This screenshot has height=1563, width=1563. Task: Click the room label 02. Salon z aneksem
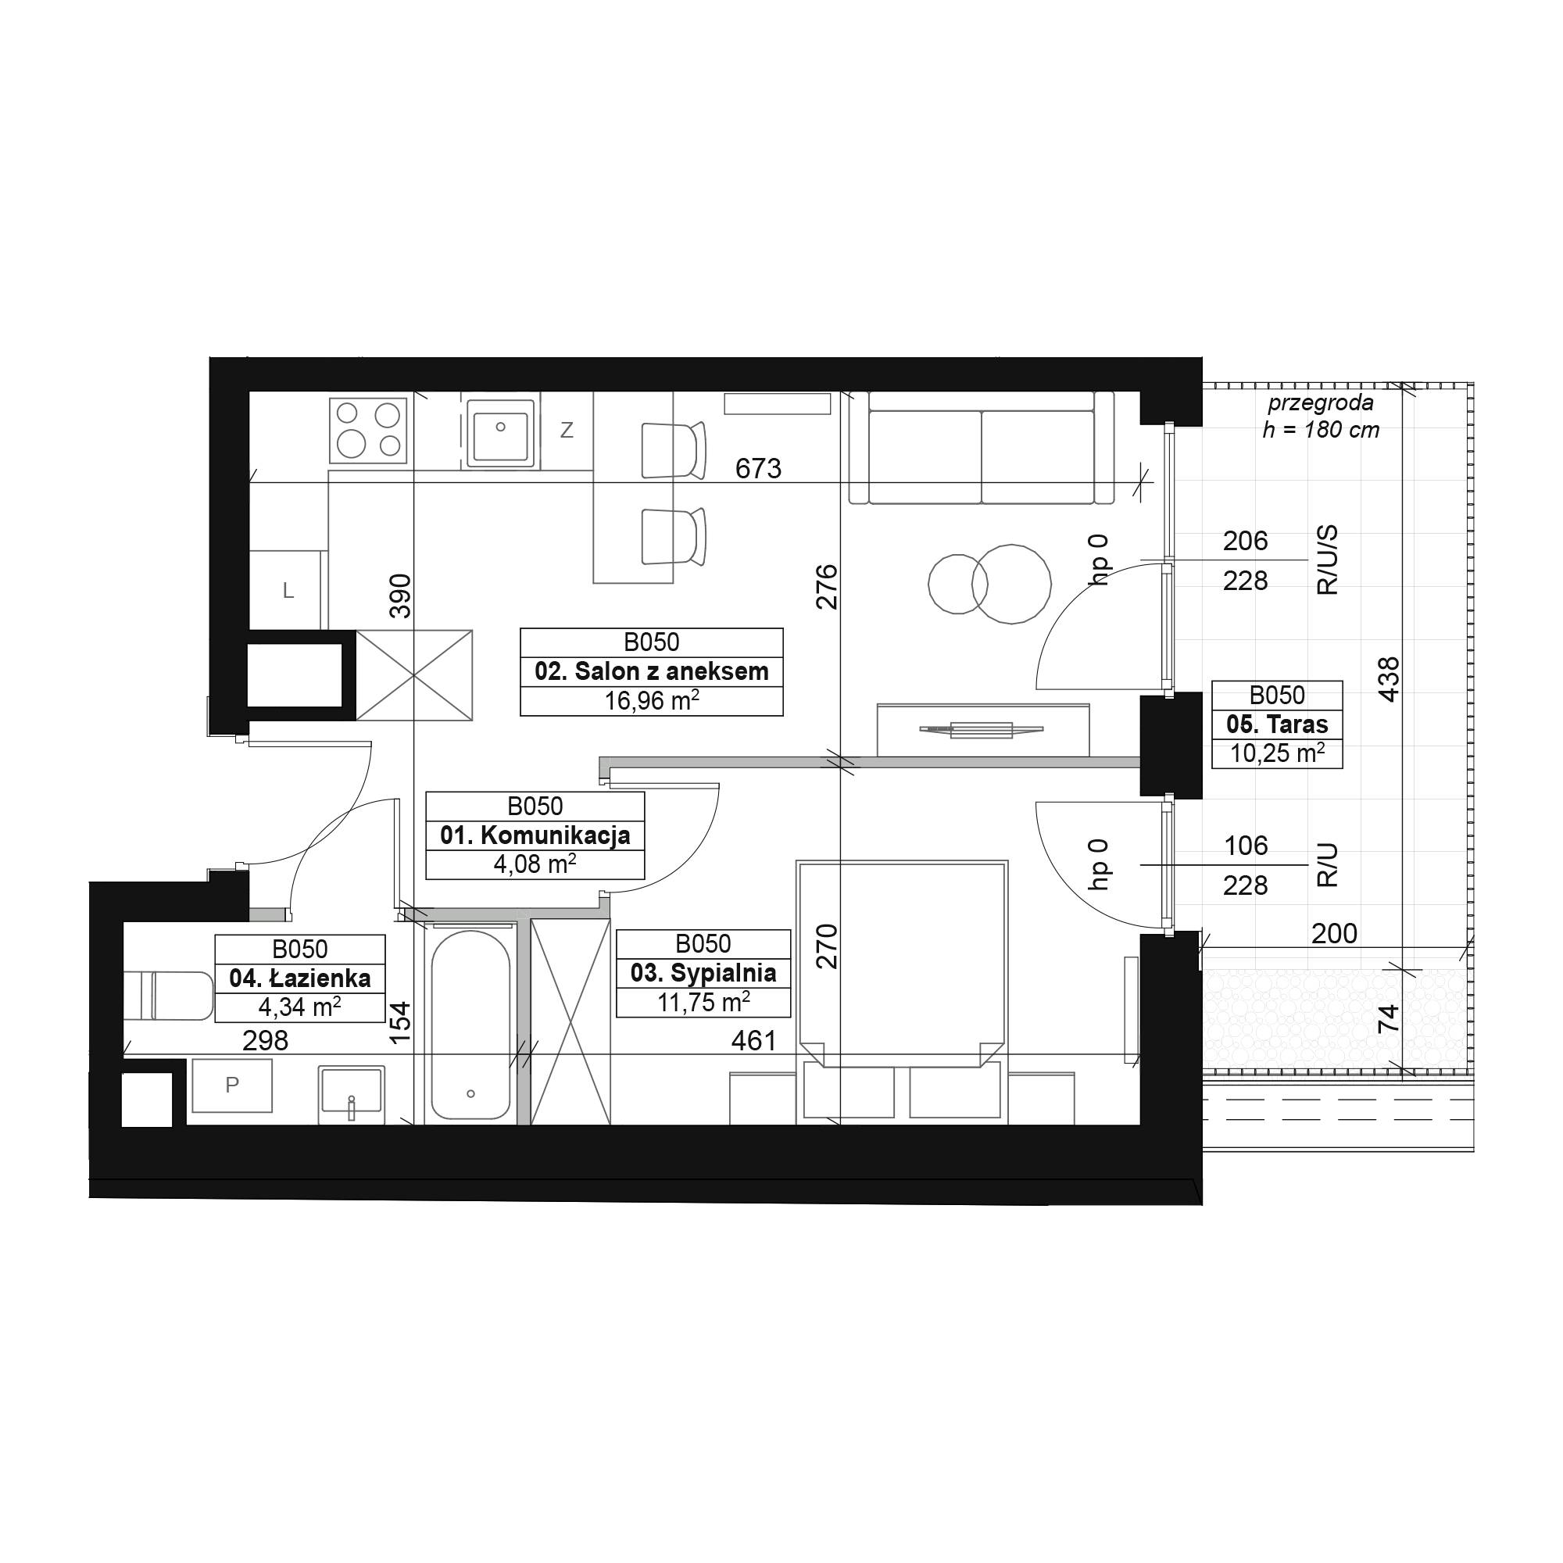click(x=651, y=671)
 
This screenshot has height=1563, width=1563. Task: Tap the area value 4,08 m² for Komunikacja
click(x=535, y=864)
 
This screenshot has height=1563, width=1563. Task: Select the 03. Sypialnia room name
click(x=703, y=972)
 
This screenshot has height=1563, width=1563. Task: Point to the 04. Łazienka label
click(x=300, y=978)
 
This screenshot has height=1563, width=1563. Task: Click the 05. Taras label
click(x=1278, y=724)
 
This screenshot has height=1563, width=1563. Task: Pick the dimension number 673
click(x=758, y=468)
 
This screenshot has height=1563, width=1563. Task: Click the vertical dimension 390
click(x=400, y=596)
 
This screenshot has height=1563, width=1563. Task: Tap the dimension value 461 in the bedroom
click(x=754, y=1040)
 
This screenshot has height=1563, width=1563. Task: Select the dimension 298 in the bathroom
click(x=266, y=1040)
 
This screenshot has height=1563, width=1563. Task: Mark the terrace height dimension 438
click(x=1388, y=679)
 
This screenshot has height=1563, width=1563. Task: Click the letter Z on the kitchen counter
click(x=567, y=431)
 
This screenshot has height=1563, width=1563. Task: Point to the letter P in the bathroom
click(x=232, y=1085)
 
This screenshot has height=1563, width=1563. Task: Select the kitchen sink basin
click(x=502, y=435)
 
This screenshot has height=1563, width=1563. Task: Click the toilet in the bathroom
click(x=169, y=996)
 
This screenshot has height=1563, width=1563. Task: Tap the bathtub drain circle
click(x=470, y=1094)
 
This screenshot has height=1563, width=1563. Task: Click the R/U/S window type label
click(x=1328, y=560)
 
